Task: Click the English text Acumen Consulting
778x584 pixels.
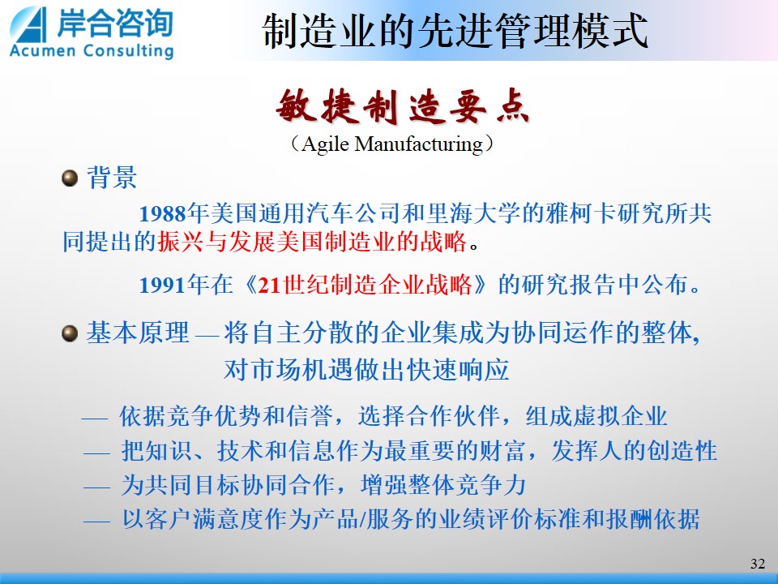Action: click(92, 50)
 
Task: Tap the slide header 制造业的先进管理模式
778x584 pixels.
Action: click(455, 31)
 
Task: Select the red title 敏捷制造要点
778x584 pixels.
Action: click(403, 106)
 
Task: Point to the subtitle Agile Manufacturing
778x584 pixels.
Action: click(392, 144)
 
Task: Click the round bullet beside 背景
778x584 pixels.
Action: click(70, 178)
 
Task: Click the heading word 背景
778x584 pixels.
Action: click(112, 178)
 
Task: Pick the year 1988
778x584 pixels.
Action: click(163, 214)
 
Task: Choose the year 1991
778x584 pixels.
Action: click(163, 286)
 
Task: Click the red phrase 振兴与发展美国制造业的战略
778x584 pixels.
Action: click(313, 242)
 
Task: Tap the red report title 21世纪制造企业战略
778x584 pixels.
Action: click(365, 285)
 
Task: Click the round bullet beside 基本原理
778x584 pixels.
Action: click(70, 333)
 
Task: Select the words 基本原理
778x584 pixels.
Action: click(138, 333)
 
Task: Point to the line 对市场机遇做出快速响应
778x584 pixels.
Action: click(366, 369)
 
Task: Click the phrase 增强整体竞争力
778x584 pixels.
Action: click(443, 485)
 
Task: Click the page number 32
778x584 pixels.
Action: click(758, 564)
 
